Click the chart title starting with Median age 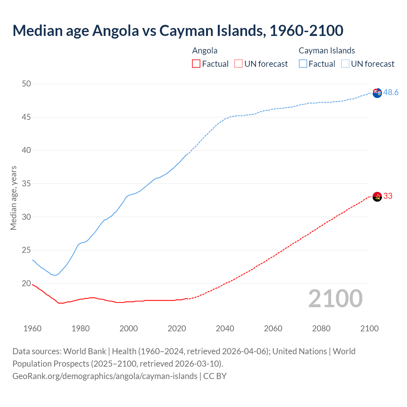[x=178, y=31]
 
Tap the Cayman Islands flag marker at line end [x=377, y=93]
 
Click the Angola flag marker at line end [x=377, y=197]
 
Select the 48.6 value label [x=391, y=92]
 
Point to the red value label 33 [x=388, y=196]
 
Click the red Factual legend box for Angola [x=196, y=64]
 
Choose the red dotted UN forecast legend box [x=238, y=64]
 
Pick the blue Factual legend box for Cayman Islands [x=303, y=64]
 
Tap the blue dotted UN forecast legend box [x=345, y=64]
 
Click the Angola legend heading [x=205, y=51]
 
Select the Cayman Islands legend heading [x=327, y=51]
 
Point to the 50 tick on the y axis [x=26, y=84]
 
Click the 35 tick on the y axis [x=26, y=183]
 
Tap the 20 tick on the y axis [x=26, y=283]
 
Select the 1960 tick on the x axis [x=32, y=328]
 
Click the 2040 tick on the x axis [x=225, y=328]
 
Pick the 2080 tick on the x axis [x=321, y=328]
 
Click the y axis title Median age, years [x=13, y=198]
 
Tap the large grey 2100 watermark [x=335, y=299]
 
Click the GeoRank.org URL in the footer [x=105, y=376]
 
